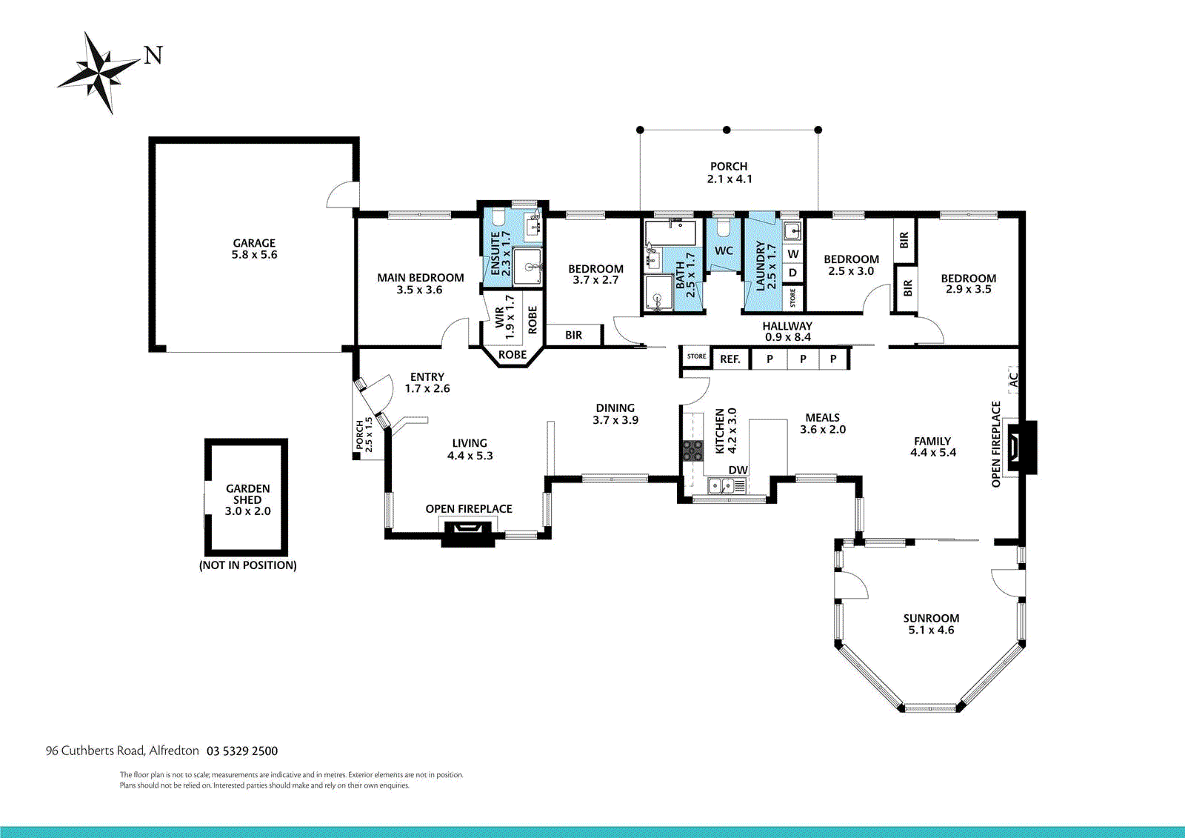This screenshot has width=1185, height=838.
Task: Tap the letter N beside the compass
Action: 153,56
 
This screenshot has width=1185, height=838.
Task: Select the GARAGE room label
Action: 254,243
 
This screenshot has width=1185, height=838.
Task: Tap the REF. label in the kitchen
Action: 730,359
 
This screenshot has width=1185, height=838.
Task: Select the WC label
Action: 724,250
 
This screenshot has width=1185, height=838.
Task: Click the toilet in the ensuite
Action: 497,218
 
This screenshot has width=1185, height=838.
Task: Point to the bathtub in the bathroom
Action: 670,233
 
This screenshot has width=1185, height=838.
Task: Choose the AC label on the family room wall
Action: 1013,379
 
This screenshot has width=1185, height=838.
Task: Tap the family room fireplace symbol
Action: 1021,446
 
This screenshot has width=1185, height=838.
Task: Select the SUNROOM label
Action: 931,618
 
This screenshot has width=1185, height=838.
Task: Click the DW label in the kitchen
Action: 738,470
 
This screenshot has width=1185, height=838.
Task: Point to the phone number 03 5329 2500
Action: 241,751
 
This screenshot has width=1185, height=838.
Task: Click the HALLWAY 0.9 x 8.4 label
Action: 787,332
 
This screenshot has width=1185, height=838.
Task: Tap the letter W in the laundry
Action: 792,254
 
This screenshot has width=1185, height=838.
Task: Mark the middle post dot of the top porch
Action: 727,130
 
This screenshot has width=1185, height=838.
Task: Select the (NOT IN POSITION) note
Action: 247,565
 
